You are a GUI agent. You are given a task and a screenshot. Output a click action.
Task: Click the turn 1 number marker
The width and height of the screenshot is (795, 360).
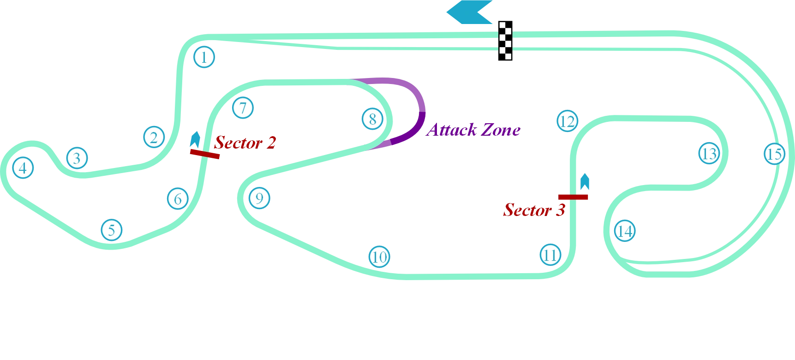203,57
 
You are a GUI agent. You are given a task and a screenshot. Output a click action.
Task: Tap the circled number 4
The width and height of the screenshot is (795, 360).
23,168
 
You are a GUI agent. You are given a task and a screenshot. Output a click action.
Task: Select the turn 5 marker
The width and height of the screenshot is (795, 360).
111,230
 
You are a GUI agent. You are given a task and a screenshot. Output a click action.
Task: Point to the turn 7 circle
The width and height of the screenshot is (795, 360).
243,108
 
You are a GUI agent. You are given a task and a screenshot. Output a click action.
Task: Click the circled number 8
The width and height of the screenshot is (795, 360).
372,119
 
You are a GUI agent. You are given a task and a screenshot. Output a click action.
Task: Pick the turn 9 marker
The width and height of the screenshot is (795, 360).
259,198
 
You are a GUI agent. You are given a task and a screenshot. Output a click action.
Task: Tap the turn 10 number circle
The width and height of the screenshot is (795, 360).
379,257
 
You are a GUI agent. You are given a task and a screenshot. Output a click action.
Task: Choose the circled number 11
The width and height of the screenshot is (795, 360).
550,255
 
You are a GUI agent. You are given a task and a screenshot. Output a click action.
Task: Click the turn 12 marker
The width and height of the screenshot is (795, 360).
567,121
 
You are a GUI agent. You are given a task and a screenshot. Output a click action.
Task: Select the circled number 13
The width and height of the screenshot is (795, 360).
709,153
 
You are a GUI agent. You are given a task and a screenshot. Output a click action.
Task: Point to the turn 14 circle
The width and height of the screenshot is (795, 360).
625,231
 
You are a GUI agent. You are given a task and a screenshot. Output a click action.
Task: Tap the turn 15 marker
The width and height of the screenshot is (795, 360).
774,154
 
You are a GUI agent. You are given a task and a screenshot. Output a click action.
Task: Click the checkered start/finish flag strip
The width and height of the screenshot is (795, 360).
506,41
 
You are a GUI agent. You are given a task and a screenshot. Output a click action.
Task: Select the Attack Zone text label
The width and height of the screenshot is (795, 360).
474,130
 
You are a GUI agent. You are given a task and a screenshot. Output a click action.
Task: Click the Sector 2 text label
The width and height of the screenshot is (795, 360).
245,143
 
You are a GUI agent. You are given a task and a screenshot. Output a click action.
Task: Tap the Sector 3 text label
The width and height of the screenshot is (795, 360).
534,210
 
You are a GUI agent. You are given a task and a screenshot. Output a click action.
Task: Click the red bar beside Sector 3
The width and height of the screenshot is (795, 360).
574,197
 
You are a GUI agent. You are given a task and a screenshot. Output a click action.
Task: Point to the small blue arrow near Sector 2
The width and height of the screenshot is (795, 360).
196,138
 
